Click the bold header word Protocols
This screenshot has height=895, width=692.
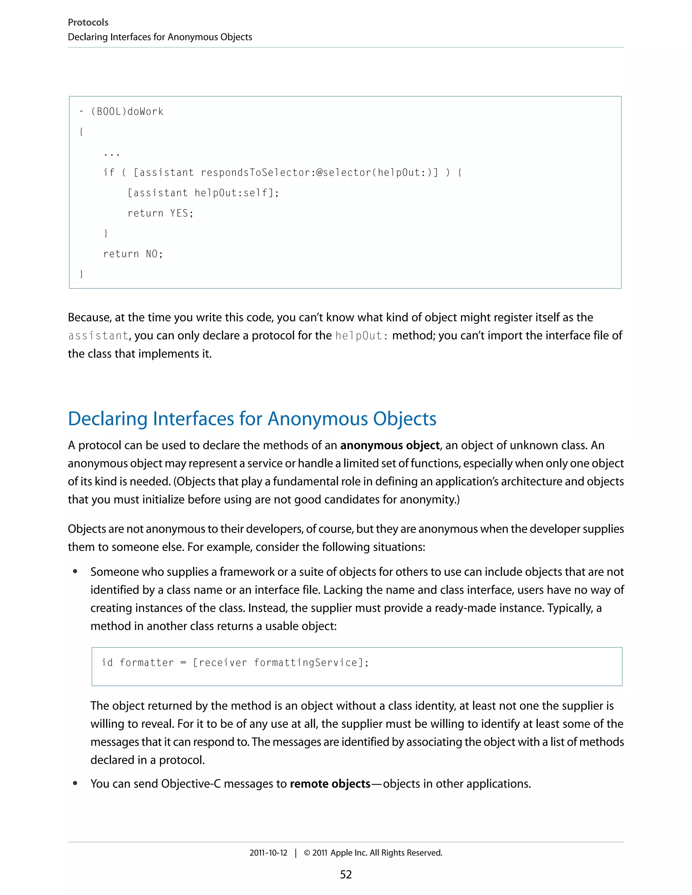[x=88, y=23]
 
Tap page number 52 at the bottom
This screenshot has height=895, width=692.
[x=346, y=874]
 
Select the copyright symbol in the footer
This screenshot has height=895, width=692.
[x=307, y=853]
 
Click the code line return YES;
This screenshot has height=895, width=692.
[x=160, y=213]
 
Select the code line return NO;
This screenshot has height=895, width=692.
[x=133, y=254]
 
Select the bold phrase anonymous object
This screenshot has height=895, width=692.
[x=390, y=445]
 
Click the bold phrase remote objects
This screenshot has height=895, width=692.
[x=330, y=784]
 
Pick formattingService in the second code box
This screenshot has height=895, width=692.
[x=305, y=663]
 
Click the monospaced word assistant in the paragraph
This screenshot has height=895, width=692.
[x=98, y=336]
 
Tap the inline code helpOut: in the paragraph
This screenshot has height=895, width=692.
[x=361, y=336]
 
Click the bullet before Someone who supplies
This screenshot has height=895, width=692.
[x=75, y=572]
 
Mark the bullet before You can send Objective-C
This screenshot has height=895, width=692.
[x=75, y=784]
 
